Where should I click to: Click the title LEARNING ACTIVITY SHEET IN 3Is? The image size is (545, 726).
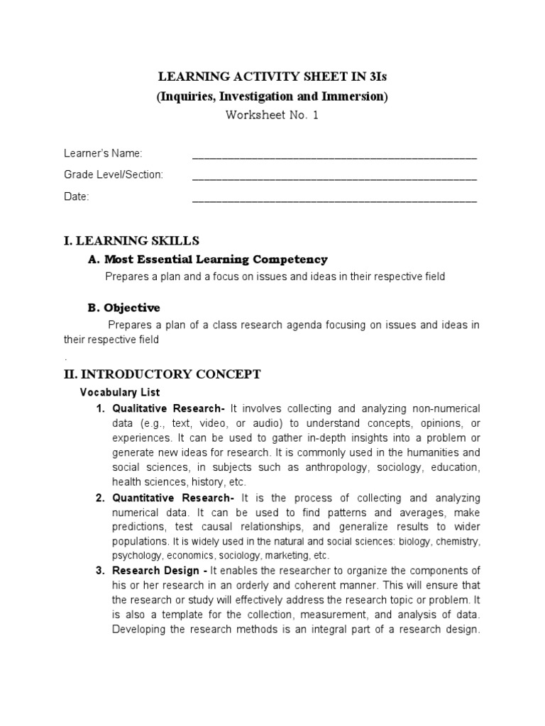click(x=272, y=77)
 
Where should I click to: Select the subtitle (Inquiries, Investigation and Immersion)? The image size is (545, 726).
click(x=272, y=96)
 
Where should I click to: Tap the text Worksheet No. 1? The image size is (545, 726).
click(x=272, y=116)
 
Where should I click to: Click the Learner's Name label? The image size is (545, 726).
click(x=103, y=154)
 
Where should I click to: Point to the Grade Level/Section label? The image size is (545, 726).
click(x=114, y=174)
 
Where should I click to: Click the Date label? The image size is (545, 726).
click(x=77, y=196)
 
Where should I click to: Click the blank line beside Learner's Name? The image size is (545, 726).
click(x=334, y=155)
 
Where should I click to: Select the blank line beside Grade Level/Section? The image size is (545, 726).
click(x=334, y=177)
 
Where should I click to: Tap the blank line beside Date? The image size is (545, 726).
click(x=334, y=199)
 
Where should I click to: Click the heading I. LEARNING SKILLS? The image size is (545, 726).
click(x=131, y=241)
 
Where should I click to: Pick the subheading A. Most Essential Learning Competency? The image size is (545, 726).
click(x=208, y=259)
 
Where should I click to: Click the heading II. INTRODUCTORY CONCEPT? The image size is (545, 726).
click(x=163, y=374)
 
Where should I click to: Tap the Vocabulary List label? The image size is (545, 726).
click(x=120, y=392)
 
